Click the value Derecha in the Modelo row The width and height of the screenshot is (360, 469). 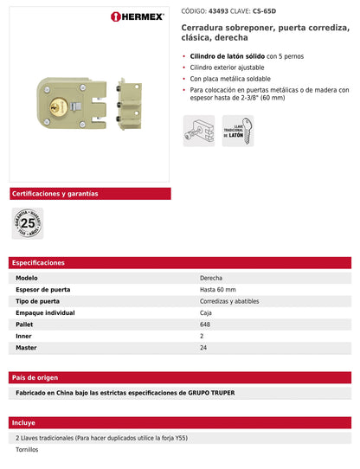212,277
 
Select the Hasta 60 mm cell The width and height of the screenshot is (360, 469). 218,289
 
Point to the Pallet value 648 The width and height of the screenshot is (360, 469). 205,324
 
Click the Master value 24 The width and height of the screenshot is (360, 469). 203,347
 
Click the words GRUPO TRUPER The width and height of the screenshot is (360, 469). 210,393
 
